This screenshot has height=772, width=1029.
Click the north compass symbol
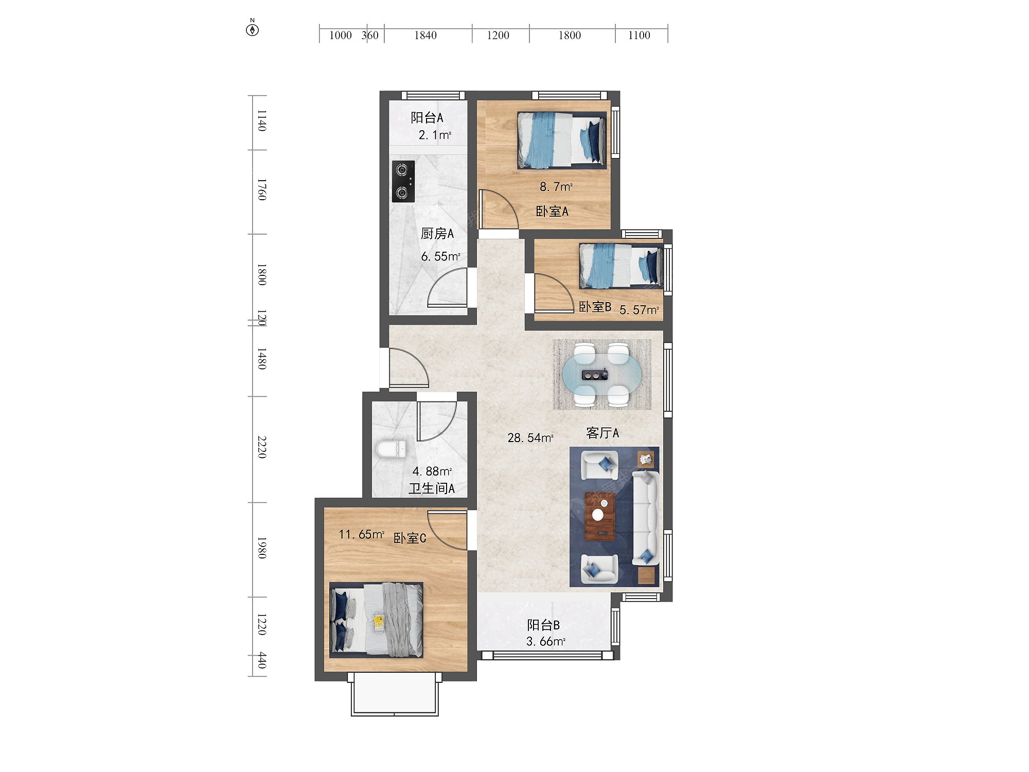click(x=252, y=28)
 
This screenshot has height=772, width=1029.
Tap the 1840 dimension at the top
click(x=425, y=36)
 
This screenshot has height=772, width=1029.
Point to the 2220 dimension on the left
click(x=262, y=447)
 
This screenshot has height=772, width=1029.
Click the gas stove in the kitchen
click(x=403, y=181)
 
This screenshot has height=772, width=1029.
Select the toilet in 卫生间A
click(x=391, y=449)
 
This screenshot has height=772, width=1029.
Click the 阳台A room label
click(x=427, y=118)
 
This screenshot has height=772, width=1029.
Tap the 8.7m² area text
click(x=556, y=186)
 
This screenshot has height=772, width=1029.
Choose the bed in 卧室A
click(x=562, y=141)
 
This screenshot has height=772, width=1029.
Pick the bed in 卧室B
click(x=621, y=266)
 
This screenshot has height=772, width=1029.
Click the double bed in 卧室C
click(x=376, y=620)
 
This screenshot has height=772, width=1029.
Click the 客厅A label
click(x=602, y=433)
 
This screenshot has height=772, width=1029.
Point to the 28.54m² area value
click(x=530, y=438)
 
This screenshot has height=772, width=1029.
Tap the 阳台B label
click(x=543, y=625)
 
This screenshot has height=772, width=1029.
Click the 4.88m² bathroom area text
click(x=432, y=471)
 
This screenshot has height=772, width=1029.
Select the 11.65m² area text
click(x=361, y=534)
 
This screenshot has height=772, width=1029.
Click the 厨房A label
click(x=437, y=234)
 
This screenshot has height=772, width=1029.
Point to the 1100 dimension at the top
click(x=639, y=36)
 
